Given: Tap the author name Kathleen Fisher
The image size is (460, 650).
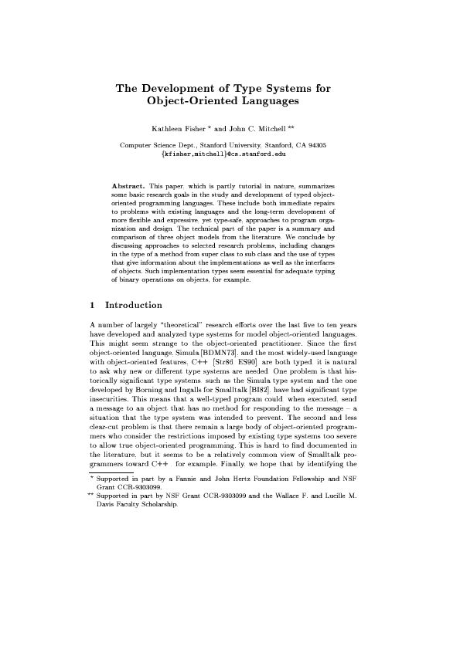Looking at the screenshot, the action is tap(179, 129).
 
